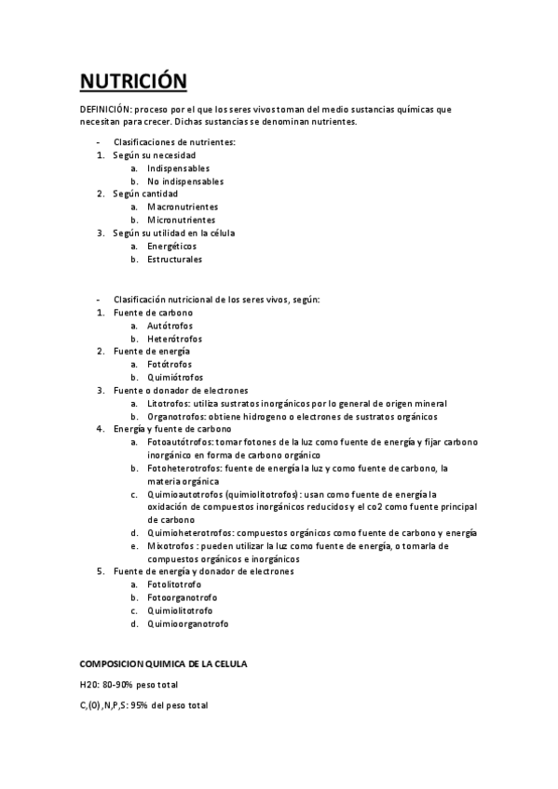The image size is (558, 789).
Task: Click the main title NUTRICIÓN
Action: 133,82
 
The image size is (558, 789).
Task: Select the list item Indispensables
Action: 178,168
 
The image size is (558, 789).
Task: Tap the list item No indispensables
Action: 185,181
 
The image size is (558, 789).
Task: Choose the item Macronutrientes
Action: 183,207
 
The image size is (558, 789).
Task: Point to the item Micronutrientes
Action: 181,220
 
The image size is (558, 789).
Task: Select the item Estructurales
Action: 174,259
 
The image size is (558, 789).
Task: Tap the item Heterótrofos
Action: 174,339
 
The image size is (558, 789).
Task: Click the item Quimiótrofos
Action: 174,378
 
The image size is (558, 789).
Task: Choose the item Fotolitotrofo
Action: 173,584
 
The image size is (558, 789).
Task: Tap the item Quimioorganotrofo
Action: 187,623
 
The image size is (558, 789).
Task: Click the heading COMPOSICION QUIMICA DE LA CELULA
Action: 163,664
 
